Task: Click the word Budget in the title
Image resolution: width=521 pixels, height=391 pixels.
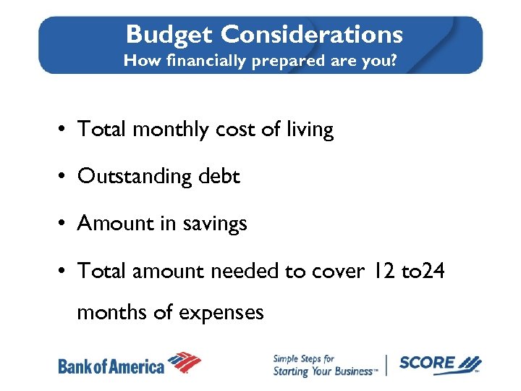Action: tap(169, 34)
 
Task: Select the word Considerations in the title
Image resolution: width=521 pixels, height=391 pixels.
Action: tap(312, 34)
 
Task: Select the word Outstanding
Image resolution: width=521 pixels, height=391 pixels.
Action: tap(133, 177)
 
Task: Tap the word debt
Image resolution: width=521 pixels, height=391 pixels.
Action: tap(217, 177)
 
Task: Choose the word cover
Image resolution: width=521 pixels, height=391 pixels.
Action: tap(336, 271)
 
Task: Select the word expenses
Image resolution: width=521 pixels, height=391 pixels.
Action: tap(221, 313)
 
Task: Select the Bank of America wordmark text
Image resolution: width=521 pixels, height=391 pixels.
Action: tap(111, 366)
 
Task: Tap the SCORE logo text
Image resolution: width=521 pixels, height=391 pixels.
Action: tap(428, 363)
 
